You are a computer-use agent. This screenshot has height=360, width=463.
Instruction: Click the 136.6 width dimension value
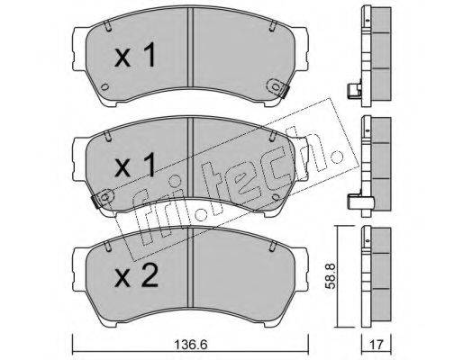(x=192, y=345)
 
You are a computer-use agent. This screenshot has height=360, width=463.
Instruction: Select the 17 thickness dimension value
(x=377, y=345)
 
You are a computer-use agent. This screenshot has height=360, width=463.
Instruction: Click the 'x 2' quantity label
(x=136, y=277)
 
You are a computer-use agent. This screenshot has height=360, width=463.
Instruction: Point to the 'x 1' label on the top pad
(x=135, y=56)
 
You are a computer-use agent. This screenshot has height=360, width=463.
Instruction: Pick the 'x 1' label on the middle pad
(x=135, y=166)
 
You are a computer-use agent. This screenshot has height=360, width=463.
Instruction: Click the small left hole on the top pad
(x=104, y=86)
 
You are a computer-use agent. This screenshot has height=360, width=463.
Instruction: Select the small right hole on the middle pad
(x=276, y=197)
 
